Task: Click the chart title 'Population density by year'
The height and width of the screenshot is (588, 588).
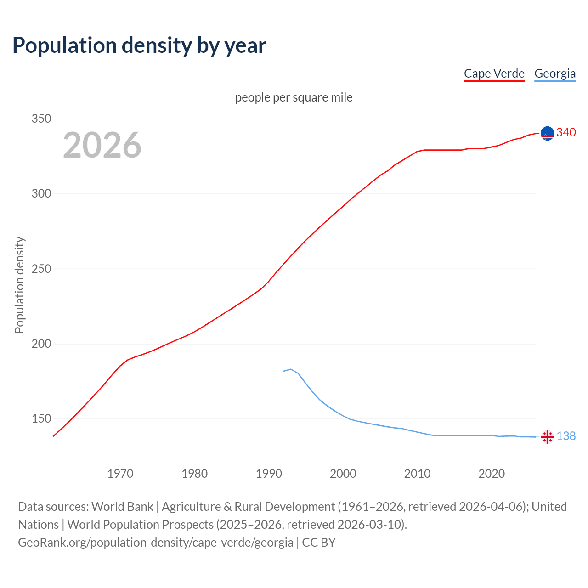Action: (139, 45)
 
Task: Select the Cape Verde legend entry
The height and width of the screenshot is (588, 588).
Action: (494, 73)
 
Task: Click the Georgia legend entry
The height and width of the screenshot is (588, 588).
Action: (555, 73)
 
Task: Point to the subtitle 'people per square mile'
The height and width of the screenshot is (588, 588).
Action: (294, 97)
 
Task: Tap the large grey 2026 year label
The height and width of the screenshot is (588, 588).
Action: (102, 145)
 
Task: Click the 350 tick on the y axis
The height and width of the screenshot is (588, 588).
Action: (41, 119)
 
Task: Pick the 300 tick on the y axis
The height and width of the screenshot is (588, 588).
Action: (41, 193)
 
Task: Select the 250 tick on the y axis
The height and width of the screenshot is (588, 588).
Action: (41, 269)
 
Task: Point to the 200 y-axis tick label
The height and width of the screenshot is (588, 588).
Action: (41, 344)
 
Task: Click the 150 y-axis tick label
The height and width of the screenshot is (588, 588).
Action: (41, 418)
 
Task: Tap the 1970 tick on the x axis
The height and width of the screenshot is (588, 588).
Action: (120, 473)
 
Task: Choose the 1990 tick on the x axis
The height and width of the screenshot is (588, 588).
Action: (269, 473)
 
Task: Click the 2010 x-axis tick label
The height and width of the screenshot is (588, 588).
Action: (417, 473)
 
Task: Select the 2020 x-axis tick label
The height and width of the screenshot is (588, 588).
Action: (492, 473)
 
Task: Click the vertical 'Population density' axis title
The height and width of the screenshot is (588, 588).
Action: (19, 285)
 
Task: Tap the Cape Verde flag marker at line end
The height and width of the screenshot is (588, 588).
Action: (547, 133)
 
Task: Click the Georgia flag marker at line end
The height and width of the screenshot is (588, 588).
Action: (547, 437)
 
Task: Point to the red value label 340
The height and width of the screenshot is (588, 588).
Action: (566, 132)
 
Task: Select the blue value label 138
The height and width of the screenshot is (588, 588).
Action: (566, 436)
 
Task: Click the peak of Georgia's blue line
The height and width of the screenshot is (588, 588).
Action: (290, 369)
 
